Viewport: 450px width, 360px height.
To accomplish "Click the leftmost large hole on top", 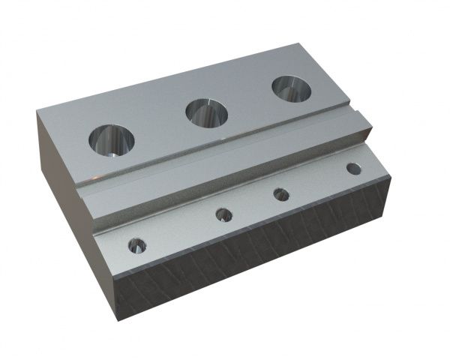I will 110,140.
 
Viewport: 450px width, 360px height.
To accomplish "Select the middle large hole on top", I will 207,113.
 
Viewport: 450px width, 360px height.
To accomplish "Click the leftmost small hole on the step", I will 136,244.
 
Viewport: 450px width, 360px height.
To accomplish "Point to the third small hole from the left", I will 281,196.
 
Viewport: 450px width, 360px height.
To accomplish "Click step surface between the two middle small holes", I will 253,206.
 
